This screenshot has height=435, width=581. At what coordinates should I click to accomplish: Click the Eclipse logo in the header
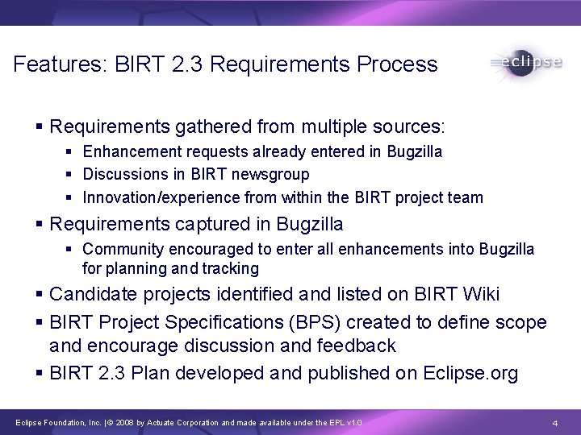click(x=525, y=64)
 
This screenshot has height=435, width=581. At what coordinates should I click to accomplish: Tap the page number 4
click(x=555, y=423)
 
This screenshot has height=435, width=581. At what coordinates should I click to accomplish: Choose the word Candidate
click(x=87, y=295)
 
